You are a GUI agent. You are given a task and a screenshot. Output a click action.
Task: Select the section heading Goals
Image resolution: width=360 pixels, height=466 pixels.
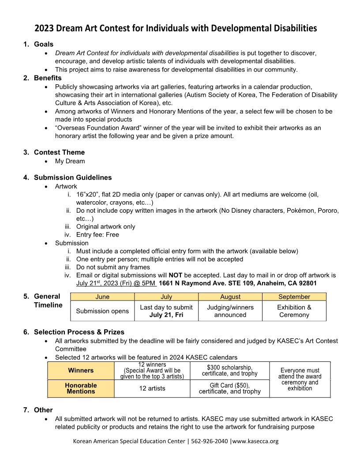(x=44, y=44)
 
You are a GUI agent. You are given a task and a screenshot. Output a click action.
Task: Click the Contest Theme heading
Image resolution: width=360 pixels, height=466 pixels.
(x=60, y=153)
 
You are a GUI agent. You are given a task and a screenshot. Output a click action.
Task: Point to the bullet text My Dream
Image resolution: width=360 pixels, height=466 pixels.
(x=70, y=161)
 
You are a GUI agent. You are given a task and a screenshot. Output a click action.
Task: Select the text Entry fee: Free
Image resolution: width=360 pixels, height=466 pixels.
(x=97, y=235)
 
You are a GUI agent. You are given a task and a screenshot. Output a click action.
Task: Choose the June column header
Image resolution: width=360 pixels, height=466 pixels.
(x=102, y=297)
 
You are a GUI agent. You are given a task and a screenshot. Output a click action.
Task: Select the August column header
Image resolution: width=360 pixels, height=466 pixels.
(x=230, y=297)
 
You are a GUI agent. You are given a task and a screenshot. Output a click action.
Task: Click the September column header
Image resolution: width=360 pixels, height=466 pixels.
(x=294, y=297)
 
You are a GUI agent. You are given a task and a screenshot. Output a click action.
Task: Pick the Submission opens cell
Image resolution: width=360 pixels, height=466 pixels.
(x=102, y=311)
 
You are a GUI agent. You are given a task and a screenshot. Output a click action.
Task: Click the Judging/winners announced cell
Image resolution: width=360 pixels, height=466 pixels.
(x=230, y=311)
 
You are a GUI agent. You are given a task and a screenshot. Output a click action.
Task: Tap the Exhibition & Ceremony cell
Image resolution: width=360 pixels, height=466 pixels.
(x=294, y=311)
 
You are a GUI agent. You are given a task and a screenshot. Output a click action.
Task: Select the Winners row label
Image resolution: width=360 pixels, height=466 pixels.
(x=81, y=370)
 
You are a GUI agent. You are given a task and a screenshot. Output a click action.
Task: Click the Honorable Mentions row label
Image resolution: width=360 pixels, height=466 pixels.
(x=81, y=388)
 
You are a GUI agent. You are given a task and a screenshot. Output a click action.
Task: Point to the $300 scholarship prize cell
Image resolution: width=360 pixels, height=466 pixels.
(x=229, y=371)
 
